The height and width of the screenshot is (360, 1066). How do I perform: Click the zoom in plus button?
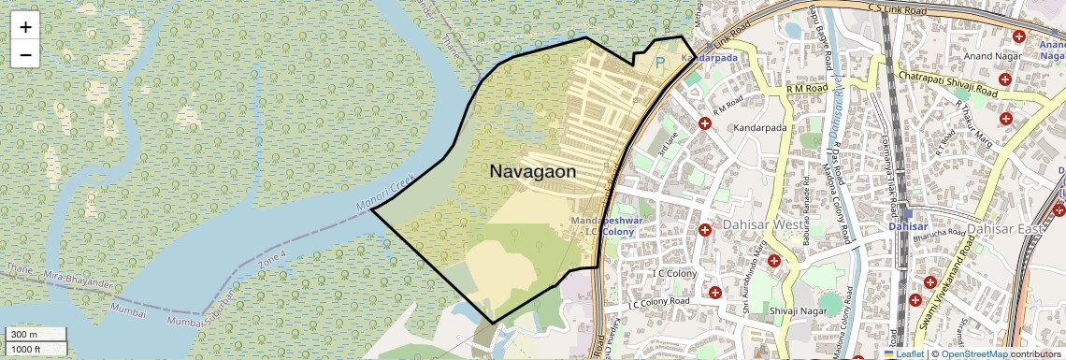[x=25, y=27]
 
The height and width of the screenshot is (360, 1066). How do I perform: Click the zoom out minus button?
[x=25, y=54]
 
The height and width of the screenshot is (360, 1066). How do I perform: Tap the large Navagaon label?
[x=532, y=172]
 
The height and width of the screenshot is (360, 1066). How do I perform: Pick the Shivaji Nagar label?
[x=793, y=310]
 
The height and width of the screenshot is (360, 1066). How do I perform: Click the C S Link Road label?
[x=903, y=8]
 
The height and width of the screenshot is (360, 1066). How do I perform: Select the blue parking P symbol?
[x=660, y=63]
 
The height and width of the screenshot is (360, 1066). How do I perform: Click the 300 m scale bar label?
[x=24, y=335]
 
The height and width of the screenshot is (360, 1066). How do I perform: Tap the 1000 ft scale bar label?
[x=26, y=349]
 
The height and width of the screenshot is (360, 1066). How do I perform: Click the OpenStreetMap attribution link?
[x=973, y=353]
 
